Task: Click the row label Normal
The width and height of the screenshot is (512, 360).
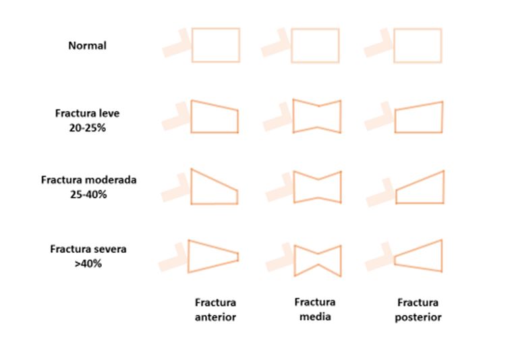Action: click(88, 46)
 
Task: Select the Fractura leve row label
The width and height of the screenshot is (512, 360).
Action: click(86, 113)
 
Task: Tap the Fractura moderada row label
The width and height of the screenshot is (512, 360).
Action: click(88, 181)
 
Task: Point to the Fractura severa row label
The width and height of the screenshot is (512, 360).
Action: click(88, 249)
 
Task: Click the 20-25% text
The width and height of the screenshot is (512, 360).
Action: click(88, 127)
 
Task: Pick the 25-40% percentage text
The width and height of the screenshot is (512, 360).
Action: click(88, 195)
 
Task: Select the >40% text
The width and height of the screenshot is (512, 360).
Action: click(88, 264)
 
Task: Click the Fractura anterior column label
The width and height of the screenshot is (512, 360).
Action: click(216, 309)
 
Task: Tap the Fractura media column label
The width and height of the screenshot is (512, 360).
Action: click(315, 309)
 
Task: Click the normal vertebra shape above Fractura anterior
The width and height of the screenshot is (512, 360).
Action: click(215, 45)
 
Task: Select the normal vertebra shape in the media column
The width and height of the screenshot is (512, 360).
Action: click(315, 45)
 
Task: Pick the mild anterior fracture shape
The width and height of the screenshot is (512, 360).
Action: click(215, 117)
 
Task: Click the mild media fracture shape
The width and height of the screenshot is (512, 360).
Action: click(317, 116)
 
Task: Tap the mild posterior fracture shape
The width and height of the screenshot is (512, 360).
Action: click(418, 117)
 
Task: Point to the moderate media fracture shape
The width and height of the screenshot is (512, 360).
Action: click(317, 186)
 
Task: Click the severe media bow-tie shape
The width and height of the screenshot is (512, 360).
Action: click(317, 259)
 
